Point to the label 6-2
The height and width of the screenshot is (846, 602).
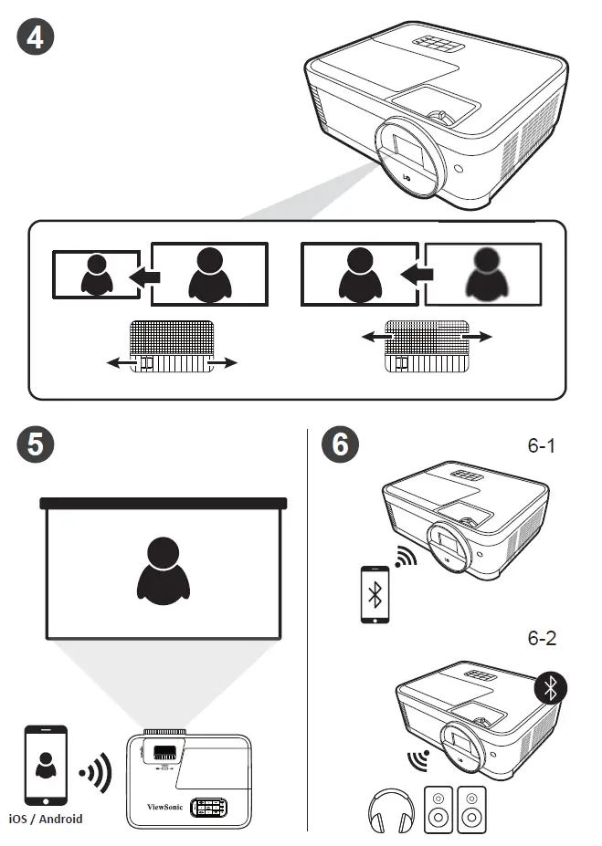click(541, 638)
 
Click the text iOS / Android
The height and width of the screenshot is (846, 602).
click(46, 819)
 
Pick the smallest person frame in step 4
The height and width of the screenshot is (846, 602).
click(93, 273)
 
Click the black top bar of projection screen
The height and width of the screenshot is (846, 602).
click(164, 502)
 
